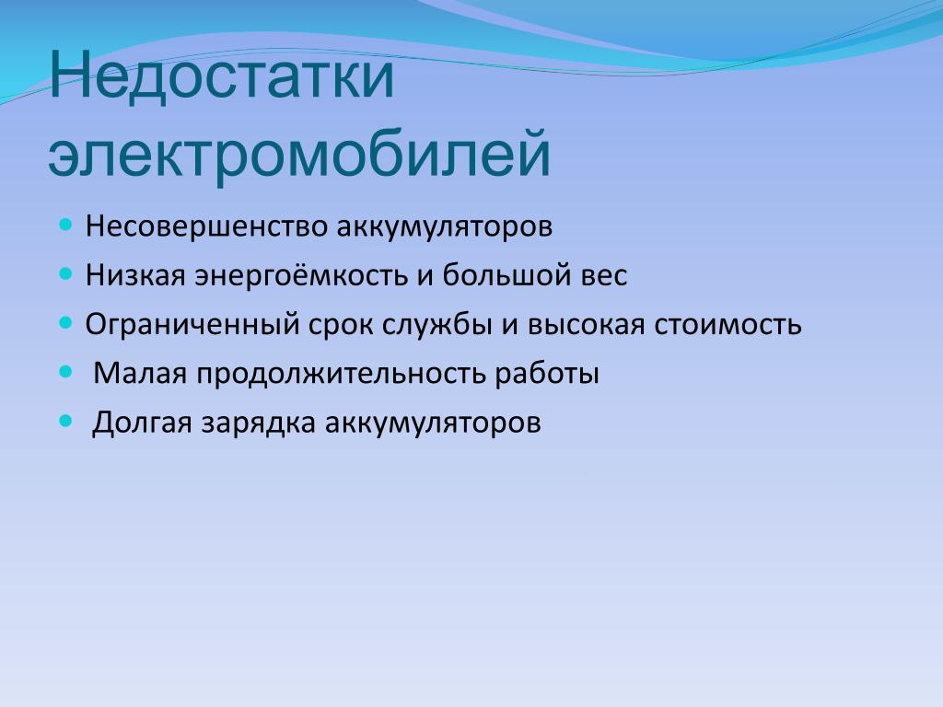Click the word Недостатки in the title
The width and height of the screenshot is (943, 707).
pyautogui.click(x=221, y=76)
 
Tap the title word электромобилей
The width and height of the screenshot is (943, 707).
pyautogui.click(x=299, y=154)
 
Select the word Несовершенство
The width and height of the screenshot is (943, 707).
pyautogui.click(x=206, y=226)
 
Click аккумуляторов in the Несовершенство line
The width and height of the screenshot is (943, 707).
pyautogui.click(x=445, y=228)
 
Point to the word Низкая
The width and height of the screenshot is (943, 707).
pyautogui.click(x=135, y=275)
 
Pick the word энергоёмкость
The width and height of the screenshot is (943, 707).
pyautogui.click(x=301, y=275)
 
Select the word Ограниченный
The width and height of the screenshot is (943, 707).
pyautogui.click(x=192, y=325)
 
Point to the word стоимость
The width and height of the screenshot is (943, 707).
pyautogui.click(x=728, y=325)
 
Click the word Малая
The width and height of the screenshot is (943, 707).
pyautogui.click(x=140, y=374)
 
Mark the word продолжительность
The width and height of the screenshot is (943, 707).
pyautogui.click(x=341, y=374)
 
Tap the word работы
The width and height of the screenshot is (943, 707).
pyautogui.click(x=547, y=375)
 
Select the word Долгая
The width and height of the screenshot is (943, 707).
pyautogui.click(x=142, y=423)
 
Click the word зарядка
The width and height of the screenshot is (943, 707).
pyautogui.click(x=259, y=423)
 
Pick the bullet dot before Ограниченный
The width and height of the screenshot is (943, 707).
pyautogui.click(x=66, y=323)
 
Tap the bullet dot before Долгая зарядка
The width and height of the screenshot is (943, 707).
pyautogui.click(x=66, y=421)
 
